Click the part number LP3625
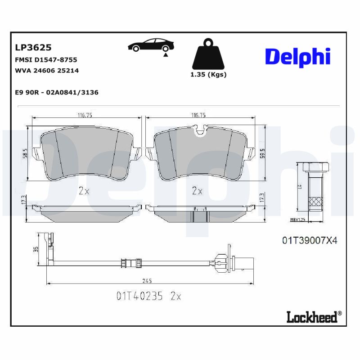pos(33,47)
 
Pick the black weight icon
pos(208,56)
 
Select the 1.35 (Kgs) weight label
pos(209,75)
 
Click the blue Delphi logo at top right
pos(297,57)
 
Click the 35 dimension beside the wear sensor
pos(36,248)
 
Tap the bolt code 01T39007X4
pos(310,241)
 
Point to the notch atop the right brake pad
pos(198,130)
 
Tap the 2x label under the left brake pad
pos(84,191)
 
